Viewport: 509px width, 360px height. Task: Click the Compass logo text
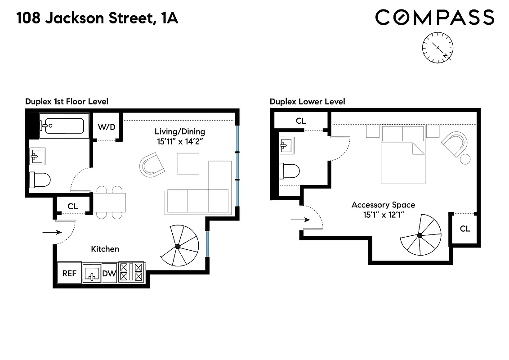click(434, 18)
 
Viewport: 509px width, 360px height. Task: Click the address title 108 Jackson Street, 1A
click(97, 18)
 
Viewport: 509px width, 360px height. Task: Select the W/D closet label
click(107, 127)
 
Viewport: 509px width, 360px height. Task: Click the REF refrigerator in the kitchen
click(69, 273)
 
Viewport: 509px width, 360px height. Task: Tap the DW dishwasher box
click(109, 273)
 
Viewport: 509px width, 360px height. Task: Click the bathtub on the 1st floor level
click(62, 125)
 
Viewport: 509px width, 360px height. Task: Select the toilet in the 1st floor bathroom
click(40, 180)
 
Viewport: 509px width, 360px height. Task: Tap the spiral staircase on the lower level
click(419, 235)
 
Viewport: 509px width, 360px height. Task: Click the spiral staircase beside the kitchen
click(179, 246)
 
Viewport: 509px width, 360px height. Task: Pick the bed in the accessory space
click(402, 160)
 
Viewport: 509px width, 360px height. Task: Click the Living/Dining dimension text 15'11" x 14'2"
click(180, 141)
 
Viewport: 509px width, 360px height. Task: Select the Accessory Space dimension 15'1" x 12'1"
click(383, 215)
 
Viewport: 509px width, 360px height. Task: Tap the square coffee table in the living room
click(188, 163)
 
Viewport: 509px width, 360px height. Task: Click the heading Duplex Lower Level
click(307, 102)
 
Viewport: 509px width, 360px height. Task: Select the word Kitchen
click(105, 248)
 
